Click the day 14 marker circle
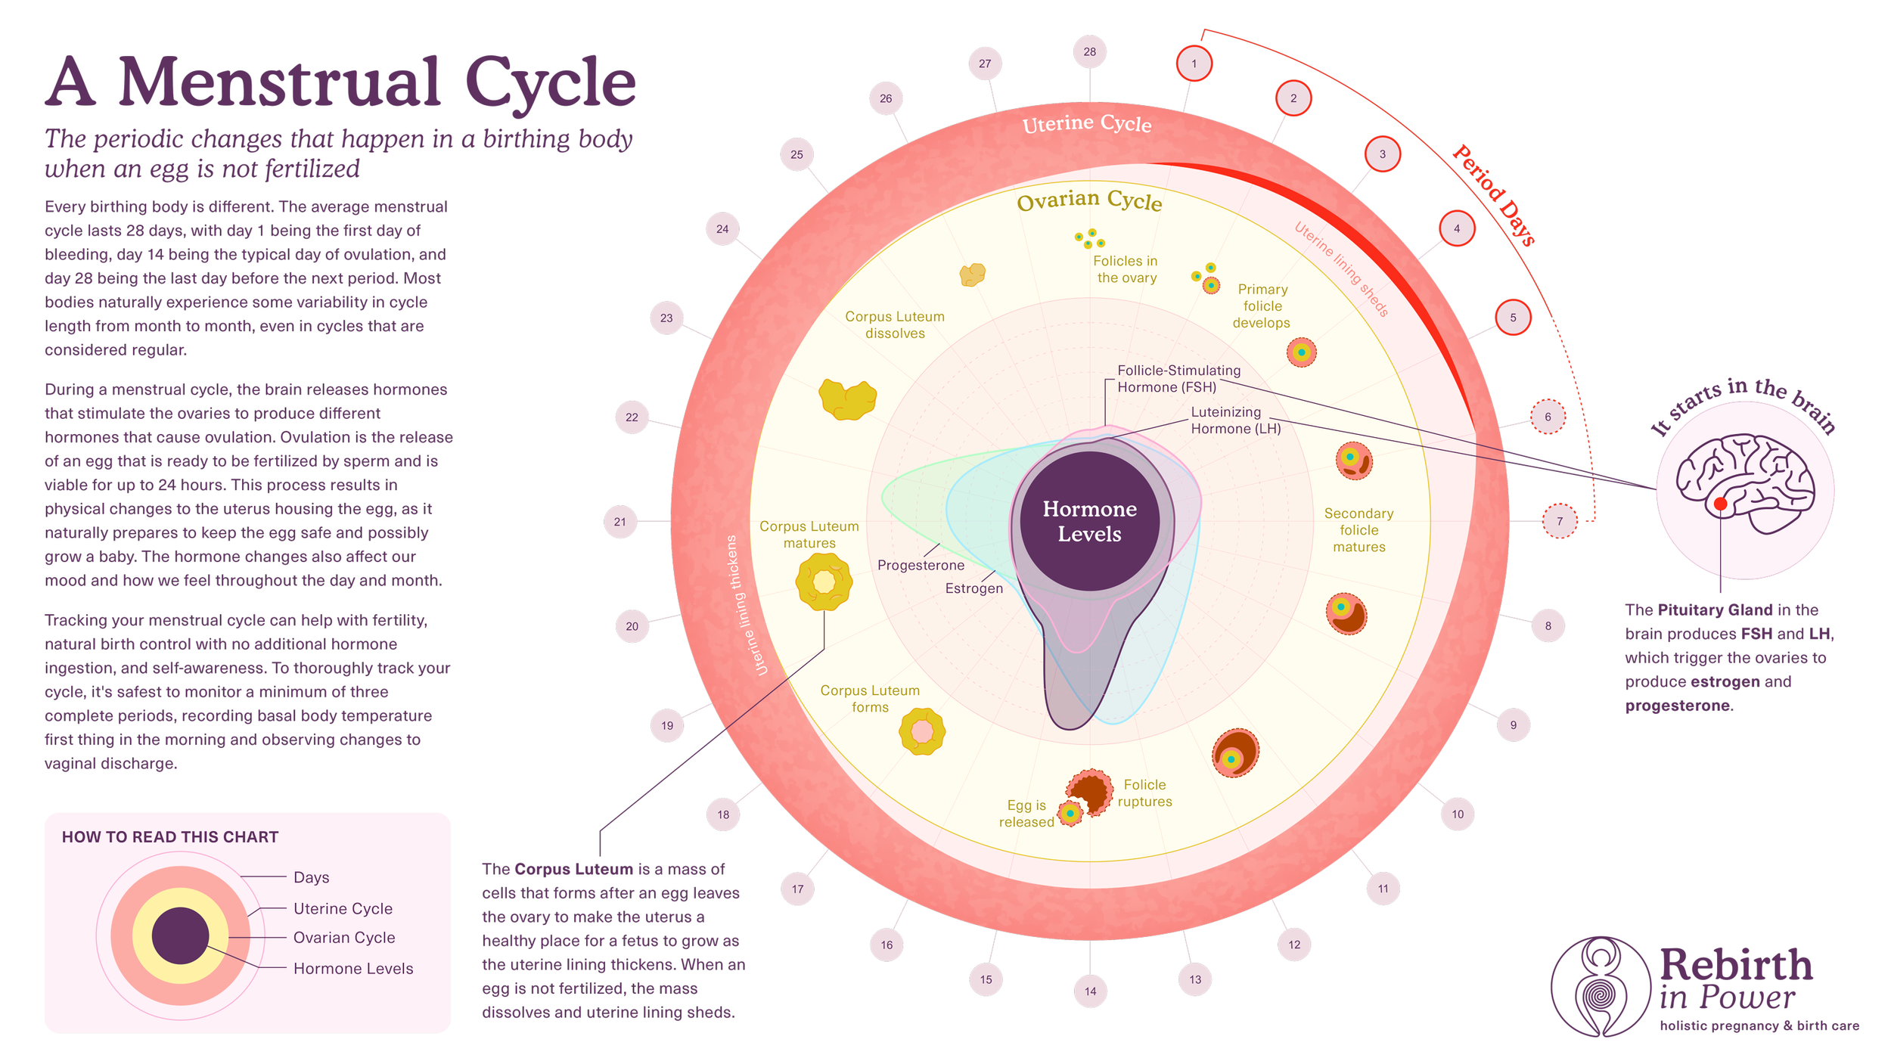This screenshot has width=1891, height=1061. click(1089, 991)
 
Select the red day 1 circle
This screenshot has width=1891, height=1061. click(1194, 64)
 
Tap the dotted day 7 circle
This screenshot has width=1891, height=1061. click(1559, 521)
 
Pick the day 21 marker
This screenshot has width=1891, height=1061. click(619, 522)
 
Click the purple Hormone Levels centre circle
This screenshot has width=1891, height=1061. click(1089, 521)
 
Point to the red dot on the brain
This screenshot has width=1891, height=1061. click(1720, 504)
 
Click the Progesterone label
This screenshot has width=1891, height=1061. click(921, 565)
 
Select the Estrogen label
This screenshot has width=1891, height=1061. click(973, 588)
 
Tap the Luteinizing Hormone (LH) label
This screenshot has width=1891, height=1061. click(1235, 420)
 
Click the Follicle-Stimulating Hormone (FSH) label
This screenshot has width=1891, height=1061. click(1178, 379)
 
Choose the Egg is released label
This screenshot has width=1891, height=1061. click(1026, 814)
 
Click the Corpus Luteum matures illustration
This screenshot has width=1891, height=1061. click(824, 582)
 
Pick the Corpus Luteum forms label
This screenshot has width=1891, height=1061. click(870, 699)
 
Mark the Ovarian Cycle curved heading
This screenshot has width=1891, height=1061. click(1088, 200)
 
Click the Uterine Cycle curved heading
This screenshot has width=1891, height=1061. click(1086, 123)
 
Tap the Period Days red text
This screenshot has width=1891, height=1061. click(1493, 195)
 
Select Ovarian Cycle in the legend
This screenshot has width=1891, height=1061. click(344, 938)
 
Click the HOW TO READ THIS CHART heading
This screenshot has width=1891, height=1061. click(170, 837)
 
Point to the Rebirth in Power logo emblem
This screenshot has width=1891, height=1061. click(1600, 986)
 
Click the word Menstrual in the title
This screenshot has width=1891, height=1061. click(279, 83)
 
